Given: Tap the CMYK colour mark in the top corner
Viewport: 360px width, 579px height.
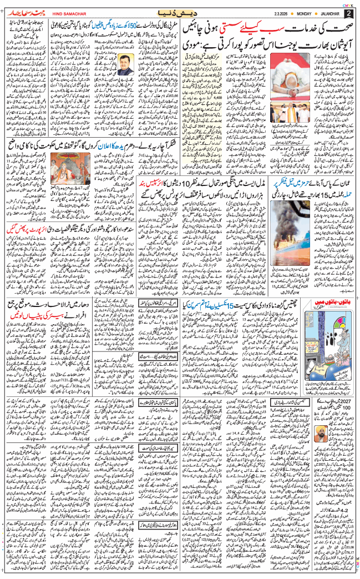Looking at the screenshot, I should (x=347, y=4).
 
